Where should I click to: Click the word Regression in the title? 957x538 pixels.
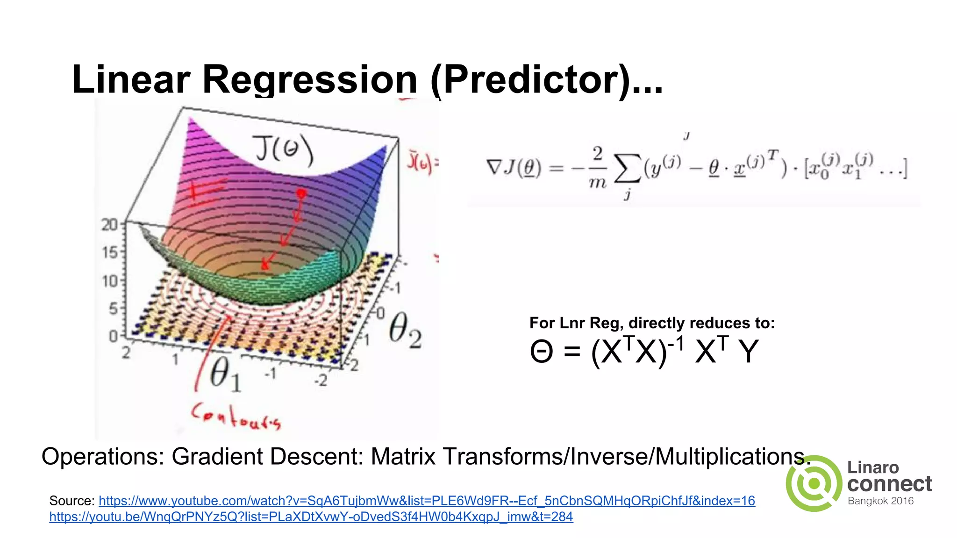click(309, 79)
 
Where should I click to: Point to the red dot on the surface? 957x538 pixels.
click(301, 193)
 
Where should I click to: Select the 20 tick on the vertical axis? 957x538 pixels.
click(110, 225)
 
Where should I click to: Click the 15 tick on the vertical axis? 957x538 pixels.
click(110, 253)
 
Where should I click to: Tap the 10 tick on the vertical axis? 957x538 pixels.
click(110, 281)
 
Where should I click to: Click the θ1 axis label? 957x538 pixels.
click(226, 375)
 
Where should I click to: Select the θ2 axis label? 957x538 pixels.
click(405, 331)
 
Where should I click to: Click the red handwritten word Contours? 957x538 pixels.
click(236, 416)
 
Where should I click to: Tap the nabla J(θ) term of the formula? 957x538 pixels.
click(514, 168)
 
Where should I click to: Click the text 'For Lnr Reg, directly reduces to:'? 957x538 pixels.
click(652, 323)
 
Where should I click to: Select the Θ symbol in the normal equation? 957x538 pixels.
click(542, 351)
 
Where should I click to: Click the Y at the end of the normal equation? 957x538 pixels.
click(748, 351)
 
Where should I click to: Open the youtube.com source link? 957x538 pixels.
click(427, 501)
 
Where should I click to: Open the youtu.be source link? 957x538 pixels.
click(311, 517)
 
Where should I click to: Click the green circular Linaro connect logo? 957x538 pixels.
click(814, 484)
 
